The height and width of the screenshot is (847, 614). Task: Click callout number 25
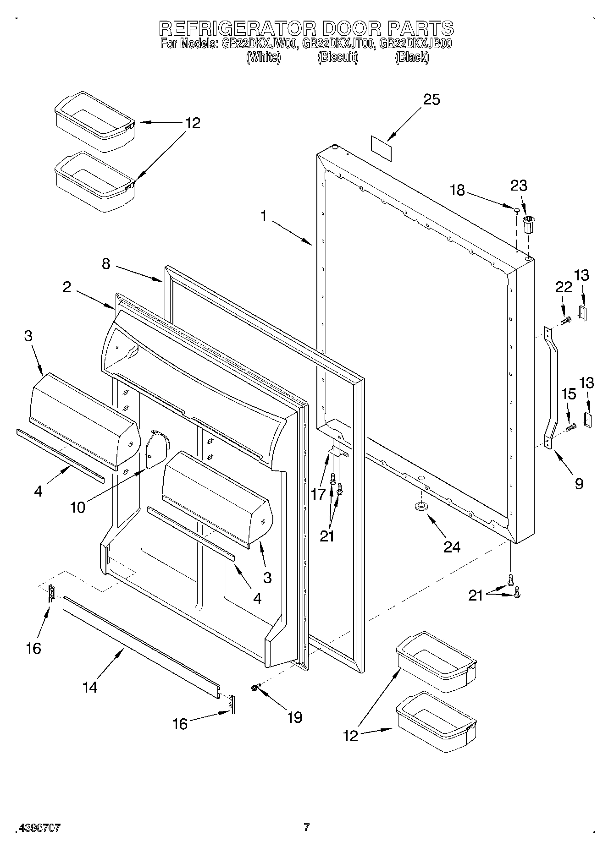(431, 100)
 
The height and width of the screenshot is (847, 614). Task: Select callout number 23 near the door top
(519, 186)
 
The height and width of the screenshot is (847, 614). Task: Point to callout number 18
(457, 190)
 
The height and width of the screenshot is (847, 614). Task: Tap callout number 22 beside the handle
(564, 287)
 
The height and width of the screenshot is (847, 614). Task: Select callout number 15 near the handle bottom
(569, 394)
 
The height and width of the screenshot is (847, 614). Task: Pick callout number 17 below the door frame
(318, 494)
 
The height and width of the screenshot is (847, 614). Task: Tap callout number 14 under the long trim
(90, 687)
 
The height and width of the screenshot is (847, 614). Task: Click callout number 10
(78, 507)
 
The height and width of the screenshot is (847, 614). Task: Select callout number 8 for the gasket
(106, 264)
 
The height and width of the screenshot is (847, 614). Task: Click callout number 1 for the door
(264, 216)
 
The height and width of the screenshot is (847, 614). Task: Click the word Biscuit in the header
(337, 58)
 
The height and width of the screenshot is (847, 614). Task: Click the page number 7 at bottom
(306, 827)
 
